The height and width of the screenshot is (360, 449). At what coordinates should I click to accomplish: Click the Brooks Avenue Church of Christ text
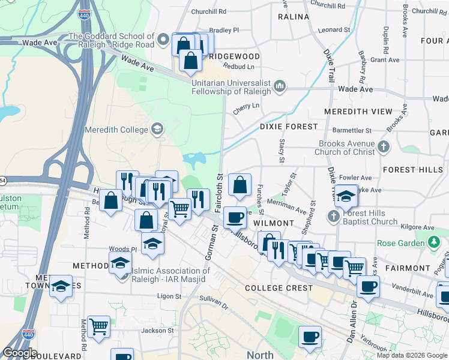point(347,148)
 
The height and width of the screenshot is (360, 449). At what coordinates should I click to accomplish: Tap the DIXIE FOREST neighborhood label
point(289,127)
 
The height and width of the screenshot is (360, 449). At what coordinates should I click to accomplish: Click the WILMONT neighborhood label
point(274,223)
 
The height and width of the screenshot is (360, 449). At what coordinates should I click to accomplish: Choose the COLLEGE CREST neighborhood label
point(279,288)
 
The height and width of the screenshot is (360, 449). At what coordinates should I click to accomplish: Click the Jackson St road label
point(157,330)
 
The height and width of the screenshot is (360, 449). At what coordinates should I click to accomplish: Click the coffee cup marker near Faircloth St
point(235,216)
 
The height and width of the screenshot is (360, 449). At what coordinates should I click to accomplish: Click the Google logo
point(20,353)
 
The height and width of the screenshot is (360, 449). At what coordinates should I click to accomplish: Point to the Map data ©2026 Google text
point(411,355)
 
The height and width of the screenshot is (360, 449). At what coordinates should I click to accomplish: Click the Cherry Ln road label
point(247,106)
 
